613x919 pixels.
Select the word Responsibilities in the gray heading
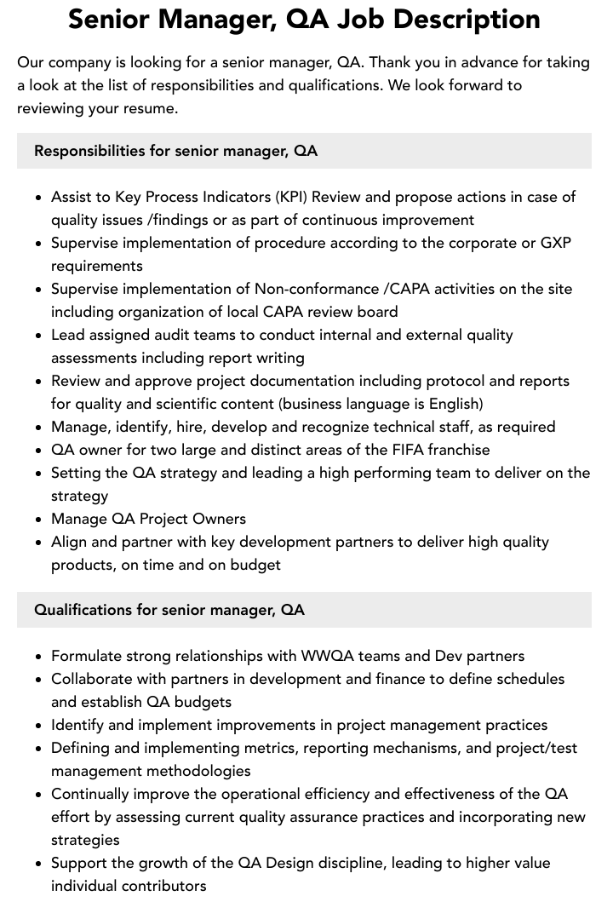(89, 151)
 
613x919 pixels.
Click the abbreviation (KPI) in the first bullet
(292, 197)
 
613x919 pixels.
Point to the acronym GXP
(556, 243)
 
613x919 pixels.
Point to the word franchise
(460, 450)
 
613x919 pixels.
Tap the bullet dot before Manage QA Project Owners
(38, 520)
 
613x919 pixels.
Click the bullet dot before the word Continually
(38, 795)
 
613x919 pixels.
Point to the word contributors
(163, 886)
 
